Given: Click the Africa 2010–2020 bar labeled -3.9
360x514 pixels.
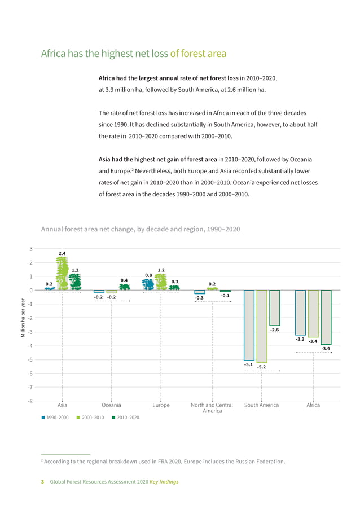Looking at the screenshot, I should click(326, 317).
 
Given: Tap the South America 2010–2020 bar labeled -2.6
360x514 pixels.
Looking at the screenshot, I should click(274, 308).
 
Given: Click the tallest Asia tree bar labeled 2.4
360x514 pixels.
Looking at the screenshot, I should click(62, 274).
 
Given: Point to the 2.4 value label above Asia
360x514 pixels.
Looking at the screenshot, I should click(62, 253).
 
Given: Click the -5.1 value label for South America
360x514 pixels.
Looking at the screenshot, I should click(249, 365).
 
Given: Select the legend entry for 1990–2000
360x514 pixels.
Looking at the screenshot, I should click(55, 418).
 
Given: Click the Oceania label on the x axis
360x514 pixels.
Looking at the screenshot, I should click(112, 405).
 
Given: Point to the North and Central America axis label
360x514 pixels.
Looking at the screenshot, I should click(212, 408).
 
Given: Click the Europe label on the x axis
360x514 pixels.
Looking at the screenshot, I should click(161, 405).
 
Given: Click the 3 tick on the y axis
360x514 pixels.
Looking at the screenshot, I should click(31, 249).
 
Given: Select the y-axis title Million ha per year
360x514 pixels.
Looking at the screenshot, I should click(23, 317).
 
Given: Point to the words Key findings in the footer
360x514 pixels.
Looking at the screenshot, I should click(164, 482).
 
